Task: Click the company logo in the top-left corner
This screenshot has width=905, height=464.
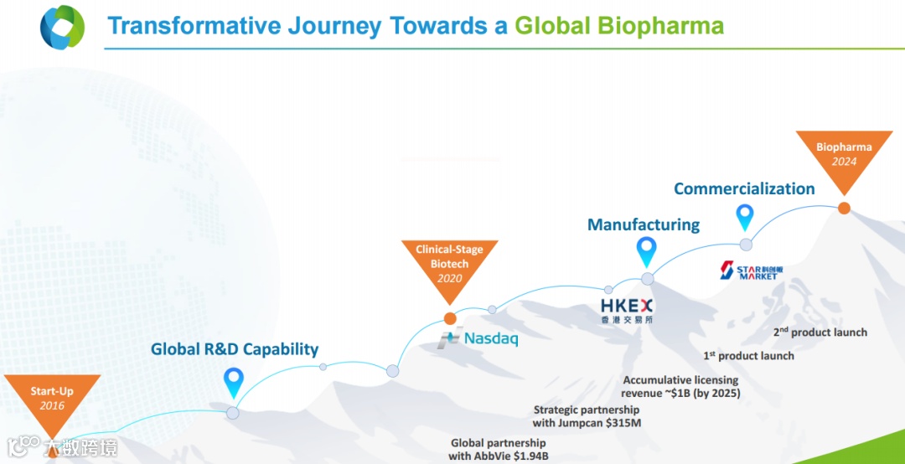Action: (x=62, y=26)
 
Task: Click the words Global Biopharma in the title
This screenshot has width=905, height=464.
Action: (x=619, y=26)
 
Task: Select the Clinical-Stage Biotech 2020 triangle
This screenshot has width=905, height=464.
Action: (x=450, y=266)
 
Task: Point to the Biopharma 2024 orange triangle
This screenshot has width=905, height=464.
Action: (x=844, y=156)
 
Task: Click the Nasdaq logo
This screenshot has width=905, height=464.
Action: (x=478, y=338)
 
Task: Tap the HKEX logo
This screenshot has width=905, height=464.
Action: (x=627, y=311)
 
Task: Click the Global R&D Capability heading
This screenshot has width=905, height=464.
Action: (x=235, y=349)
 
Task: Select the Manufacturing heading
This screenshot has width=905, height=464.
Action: (x=644, y=224)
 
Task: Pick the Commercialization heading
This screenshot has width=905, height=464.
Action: (x=745, y=188)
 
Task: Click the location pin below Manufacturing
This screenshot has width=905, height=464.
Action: (x=646, y=252)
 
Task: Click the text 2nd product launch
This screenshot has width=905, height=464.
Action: (x=820, y=333)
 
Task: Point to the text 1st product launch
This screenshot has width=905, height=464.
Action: (x=748, y=355)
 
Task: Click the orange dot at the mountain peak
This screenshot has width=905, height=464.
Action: (x=844, y=208)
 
